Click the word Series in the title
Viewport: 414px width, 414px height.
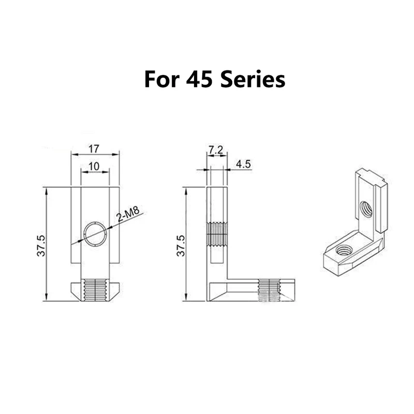[253, 79]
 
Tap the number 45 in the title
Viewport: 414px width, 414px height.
[199, 79]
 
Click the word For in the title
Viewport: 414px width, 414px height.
[162, 79]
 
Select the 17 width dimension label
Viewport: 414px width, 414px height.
[94, 149]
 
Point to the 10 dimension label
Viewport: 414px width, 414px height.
[94, 166]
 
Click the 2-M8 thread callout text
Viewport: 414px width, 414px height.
[128, 214]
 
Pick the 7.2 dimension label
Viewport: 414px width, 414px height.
[216, 150]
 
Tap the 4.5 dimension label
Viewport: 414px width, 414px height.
[243, 164]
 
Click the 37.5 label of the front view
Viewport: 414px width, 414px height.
[41, 245]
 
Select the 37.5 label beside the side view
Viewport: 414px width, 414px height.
[181, 245]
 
